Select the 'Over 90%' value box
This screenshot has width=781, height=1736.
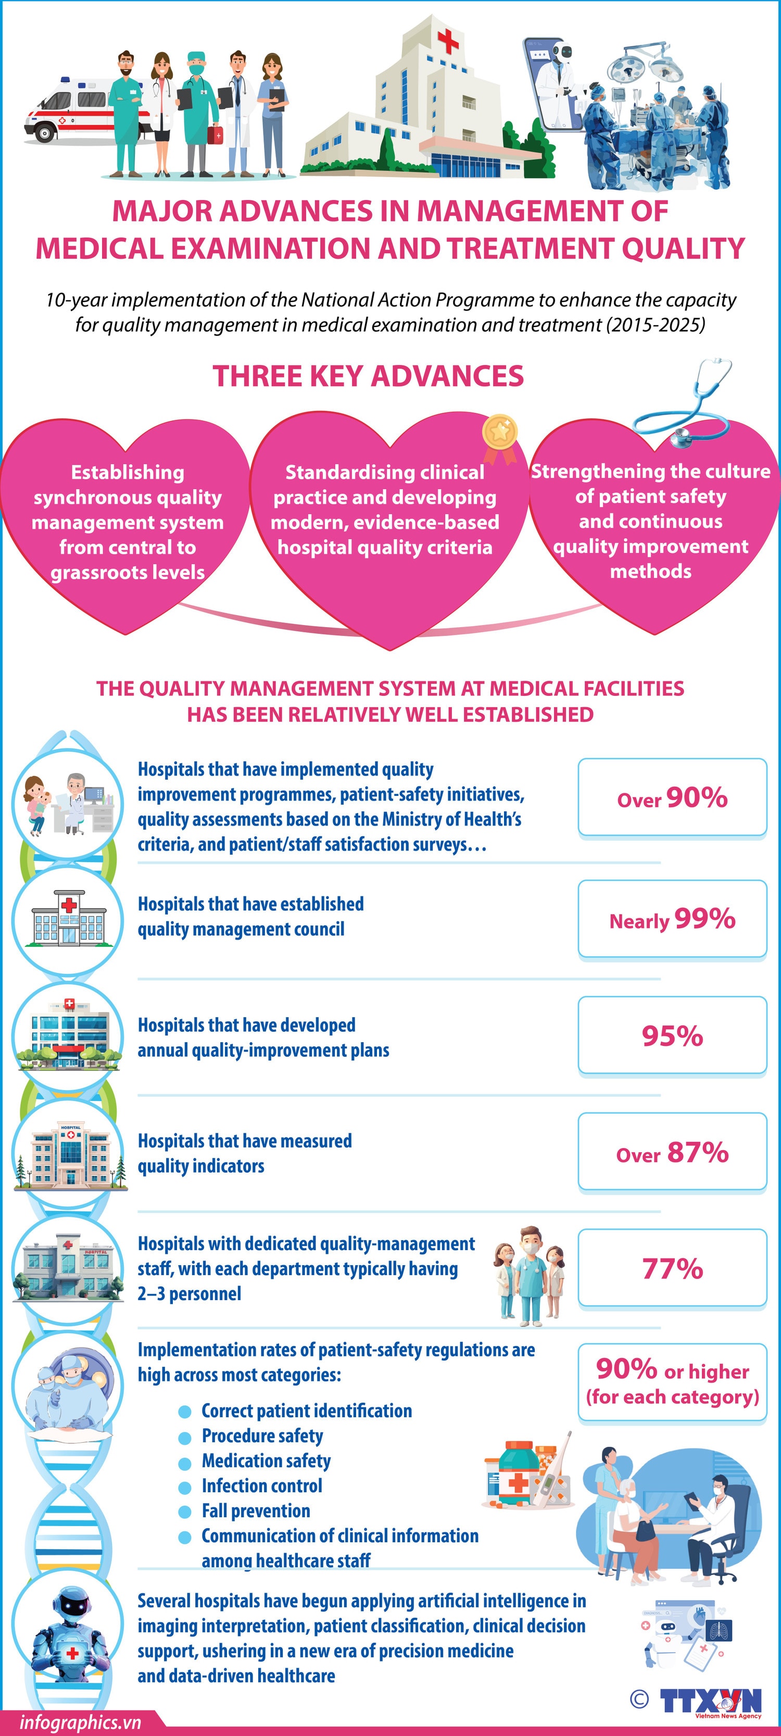coord(672,798)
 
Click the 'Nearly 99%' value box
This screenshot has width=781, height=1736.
coord(672,919)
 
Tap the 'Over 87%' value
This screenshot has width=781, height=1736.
coord(672,1153)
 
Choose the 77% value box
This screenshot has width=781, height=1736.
coord(672,1269)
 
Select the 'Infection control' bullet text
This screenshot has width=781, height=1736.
coord(261,1486)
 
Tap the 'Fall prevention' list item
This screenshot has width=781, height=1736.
coord(256,1511)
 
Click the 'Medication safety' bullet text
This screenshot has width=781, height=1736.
coord(266,1461)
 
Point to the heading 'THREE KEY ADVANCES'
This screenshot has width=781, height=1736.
coord(368,376)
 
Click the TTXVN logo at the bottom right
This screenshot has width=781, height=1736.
coord(711,1701)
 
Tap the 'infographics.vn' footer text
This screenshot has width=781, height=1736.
coord(80,1722)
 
